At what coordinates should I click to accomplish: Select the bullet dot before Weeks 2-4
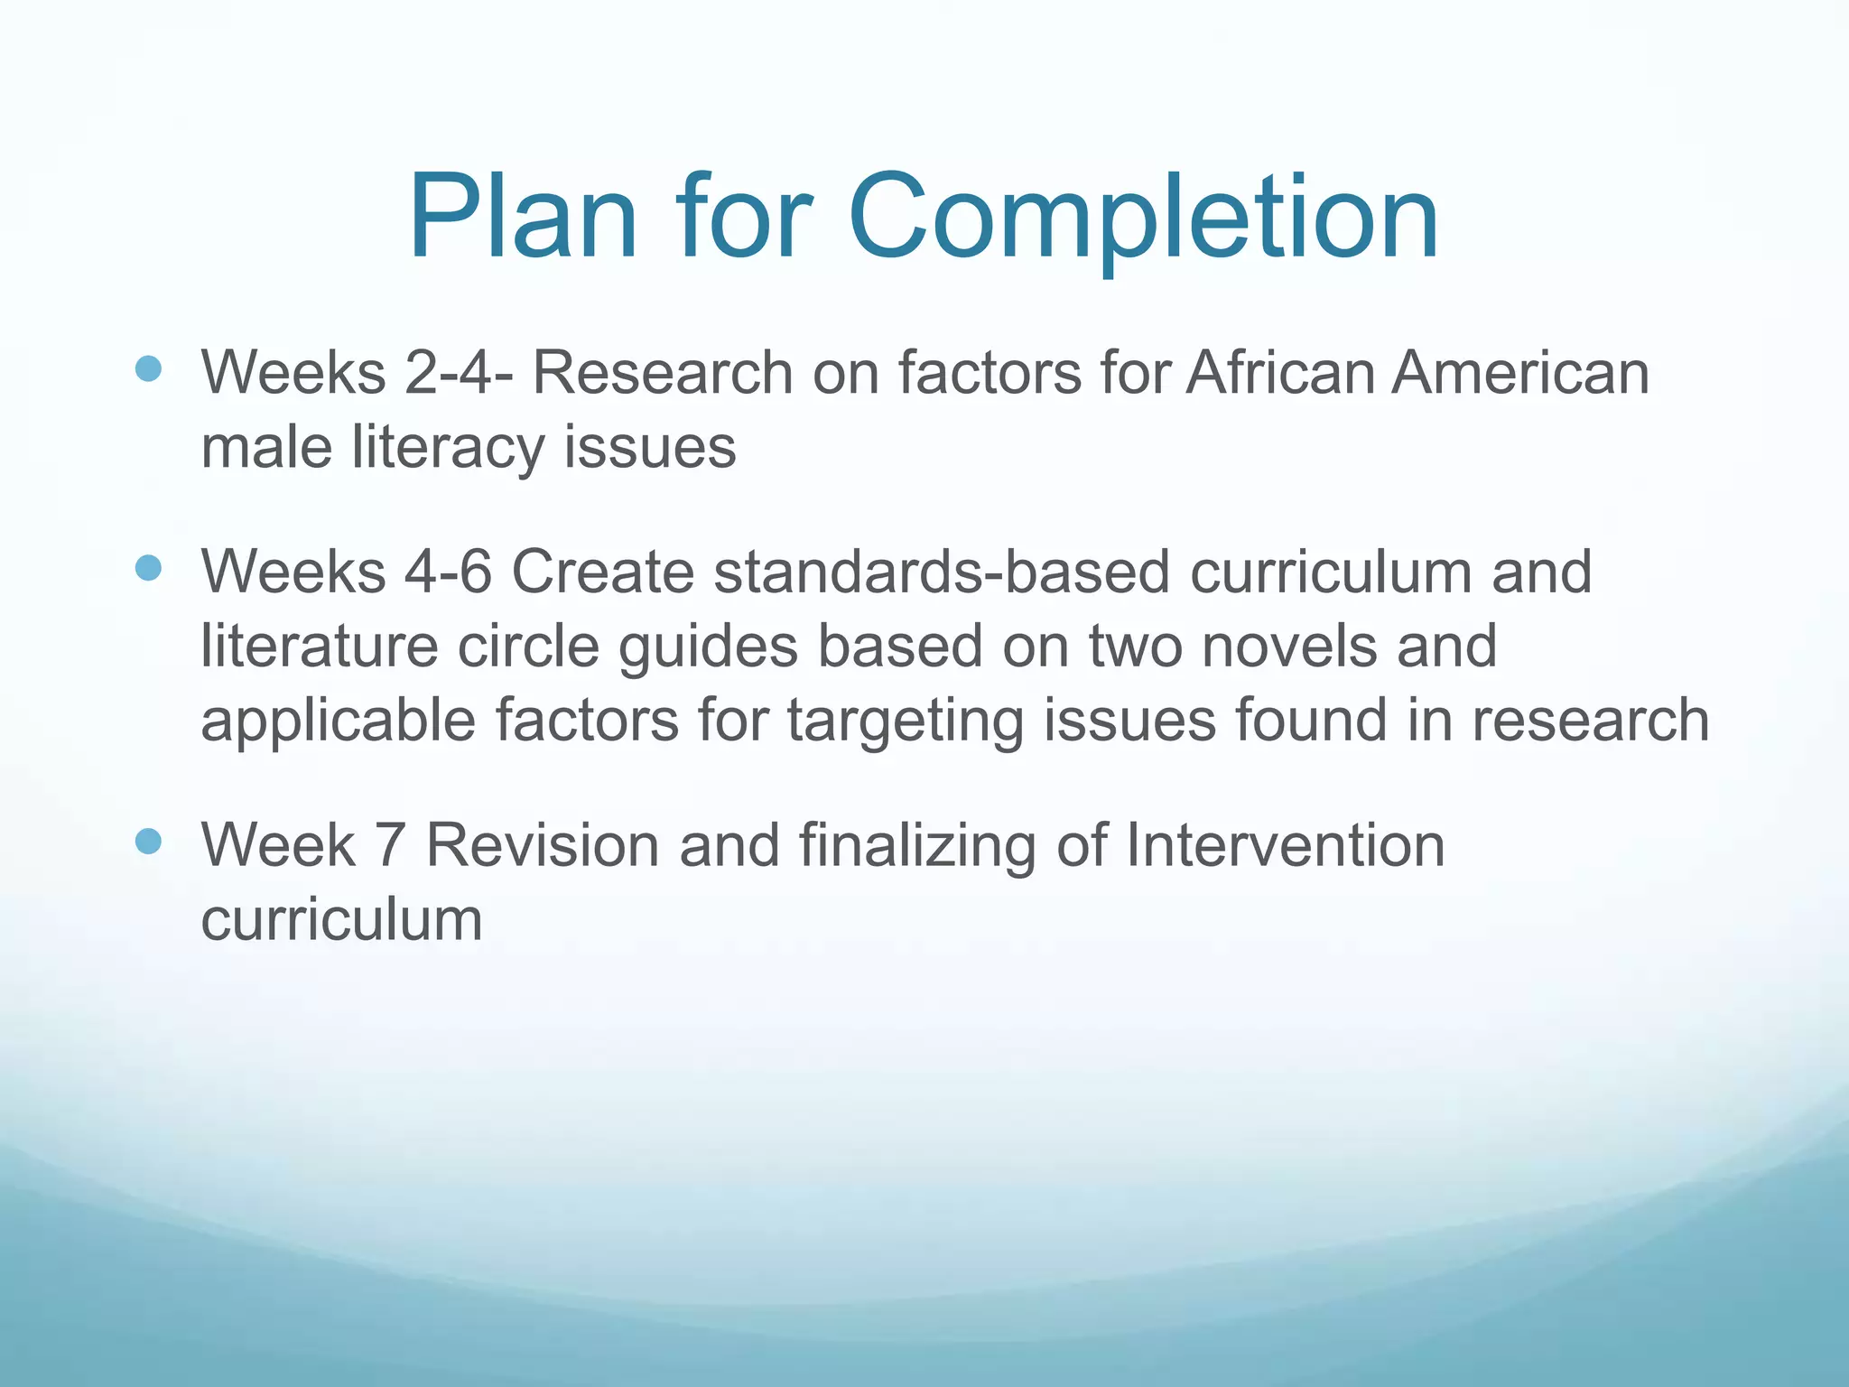148,368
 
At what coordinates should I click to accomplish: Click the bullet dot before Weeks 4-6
148,568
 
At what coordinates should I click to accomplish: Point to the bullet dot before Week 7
148,842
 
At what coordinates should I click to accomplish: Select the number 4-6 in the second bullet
448,572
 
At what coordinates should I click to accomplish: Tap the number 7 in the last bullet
388,845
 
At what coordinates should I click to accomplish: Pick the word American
1520,372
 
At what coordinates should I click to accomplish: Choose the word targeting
906,721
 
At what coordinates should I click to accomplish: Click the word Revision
543,845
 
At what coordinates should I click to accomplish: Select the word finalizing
917,845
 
